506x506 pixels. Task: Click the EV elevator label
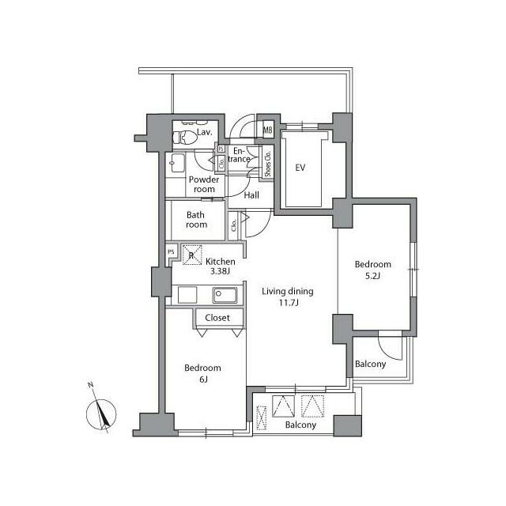[300, 168]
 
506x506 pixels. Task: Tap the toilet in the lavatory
[185, 138]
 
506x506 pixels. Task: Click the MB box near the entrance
[267, 130]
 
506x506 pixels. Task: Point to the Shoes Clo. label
[268, 164]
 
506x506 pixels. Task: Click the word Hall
[252, 195]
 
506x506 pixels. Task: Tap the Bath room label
[197, 220]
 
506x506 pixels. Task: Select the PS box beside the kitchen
[170, 252]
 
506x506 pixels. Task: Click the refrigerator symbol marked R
[191, 255]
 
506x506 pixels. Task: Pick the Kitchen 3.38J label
[219, 266]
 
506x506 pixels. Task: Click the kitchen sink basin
[223, 296]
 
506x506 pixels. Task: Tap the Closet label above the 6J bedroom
[217, 318]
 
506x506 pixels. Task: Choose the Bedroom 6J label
[202, 374]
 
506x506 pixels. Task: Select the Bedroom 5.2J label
[372, 270]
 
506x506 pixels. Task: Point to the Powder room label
[202, 184]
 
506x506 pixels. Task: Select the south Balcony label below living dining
[300, 425]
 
